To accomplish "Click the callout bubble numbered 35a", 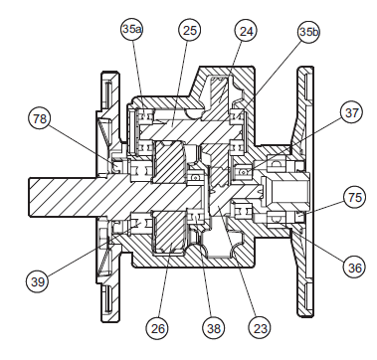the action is [x=132, y=29].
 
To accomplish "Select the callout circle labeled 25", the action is [x=190, y=31].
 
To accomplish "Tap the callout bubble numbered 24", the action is [x=246, y=31].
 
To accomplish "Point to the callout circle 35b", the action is [x=308, y=32].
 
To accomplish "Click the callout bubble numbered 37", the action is [x=352, y=113].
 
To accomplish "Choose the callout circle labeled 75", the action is [x=354, y=197].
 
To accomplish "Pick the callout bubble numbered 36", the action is [x=354, y=267].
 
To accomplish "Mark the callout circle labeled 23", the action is [x=260, y=328].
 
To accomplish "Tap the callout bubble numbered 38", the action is [x=213, y=328].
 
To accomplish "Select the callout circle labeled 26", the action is [x=157, y=328].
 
